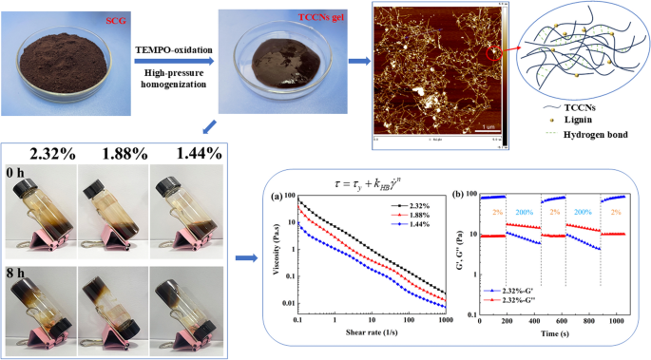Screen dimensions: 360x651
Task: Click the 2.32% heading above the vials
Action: pos(51,153)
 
